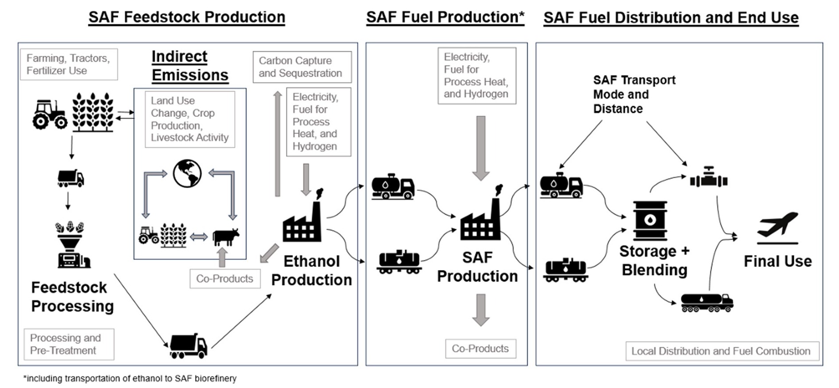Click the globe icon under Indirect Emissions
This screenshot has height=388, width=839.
pyautogui.click(x=187, y=173)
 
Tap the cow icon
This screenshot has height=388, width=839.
pyautogui.click(x=226, y=237)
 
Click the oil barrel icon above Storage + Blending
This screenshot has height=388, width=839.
pyautogui.click(x=650, y=220)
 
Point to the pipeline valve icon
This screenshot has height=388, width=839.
pyautogui.click(x=709, y=178)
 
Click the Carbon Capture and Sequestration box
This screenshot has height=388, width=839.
pyautogui.click(x=302, y=67)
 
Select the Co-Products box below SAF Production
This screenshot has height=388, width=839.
pyautogui.click(x=480, y=349)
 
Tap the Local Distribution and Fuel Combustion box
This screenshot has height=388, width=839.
pyautogui.click(x=722, y=351)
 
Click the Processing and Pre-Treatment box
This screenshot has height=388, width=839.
pyautogui.click(x=69, y=344)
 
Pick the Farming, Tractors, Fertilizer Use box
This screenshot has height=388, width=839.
pyautogui.click(x=69, y=64)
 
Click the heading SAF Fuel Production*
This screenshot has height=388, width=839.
pyautogui.click(x=445, y=17)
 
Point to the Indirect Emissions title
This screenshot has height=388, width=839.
pyautogui.click(x=190, y=66)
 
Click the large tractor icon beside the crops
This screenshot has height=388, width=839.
pyautogui.click(x=50, y=114)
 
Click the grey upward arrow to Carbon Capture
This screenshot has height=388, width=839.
pyautogui.click(x=278, y=144)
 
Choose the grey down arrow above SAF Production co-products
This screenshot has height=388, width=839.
pyautogui.click(x=481, y=310)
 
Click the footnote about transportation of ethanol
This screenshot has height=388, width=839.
pyautogui.click(x=130, y=379)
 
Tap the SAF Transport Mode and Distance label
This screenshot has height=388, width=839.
pyautogui.click(x=634, y=94)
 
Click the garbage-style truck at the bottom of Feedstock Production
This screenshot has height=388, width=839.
pyautogui.click(x=188, y=346)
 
